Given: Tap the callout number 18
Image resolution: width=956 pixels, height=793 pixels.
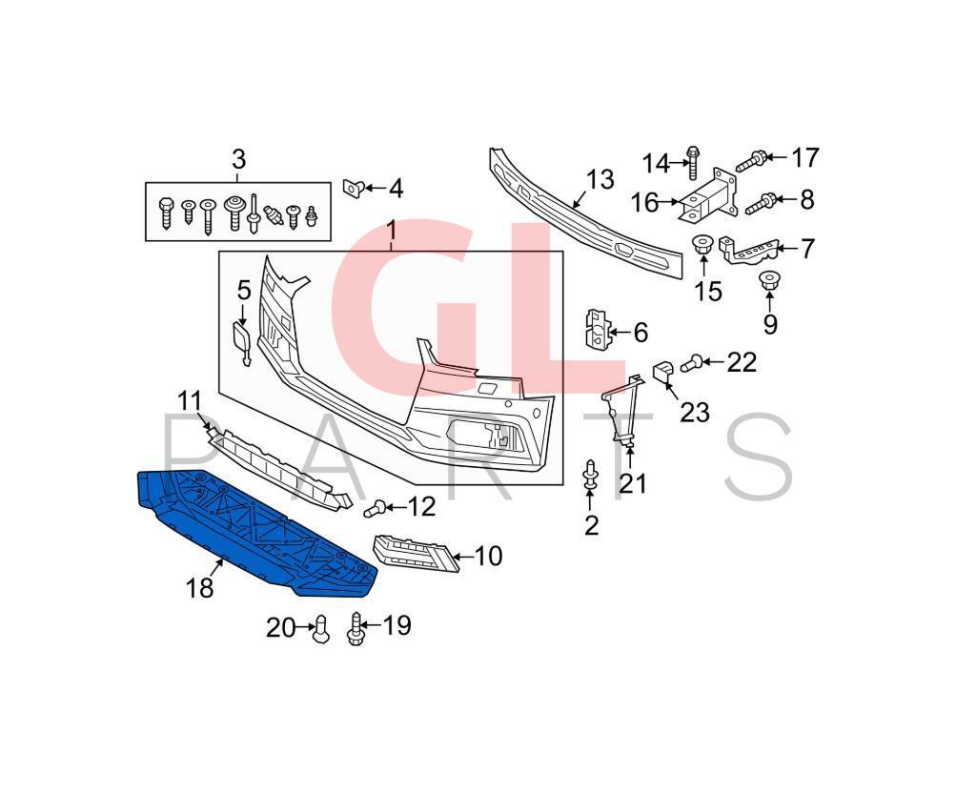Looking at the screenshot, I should pyautogui.click(x=200, y=588).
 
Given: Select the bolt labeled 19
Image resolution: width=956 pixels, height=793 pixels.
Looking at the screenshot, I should pyautogui.click(x=358, y=627).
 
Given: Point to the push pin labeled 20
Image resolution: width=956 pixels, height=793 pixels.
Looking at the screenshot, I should pyautogui.click(x=321, y=629).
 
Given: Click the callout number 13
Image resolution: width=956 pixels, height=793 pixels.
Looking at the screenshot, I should pyautogui.click(x=600, y=178).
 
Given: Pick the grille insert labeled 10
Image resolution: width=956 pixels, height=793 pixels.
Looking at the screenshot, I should pyautogui.click(x=416, y=552).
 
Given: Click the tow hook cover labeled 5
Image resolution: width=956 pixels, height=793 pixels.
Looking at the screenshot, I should pyautogui.click(x=241, y=341).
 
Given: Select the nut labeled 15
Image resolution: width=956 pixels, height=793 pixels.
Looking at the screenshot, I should pyautogui.click(x=703, y=245).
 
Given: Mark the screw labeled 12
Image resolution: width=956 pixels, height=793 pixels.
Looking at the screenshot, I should pyautogui.click(x=375, y=508).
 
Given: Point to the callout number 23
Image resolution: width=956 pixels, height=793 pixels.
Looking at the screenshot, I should pyautogui.click(x=695, y=412).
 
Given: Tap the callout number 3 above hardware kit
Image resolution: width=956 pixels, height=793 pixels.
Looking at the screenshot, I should pyautogui.click(x=238, y=158).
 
